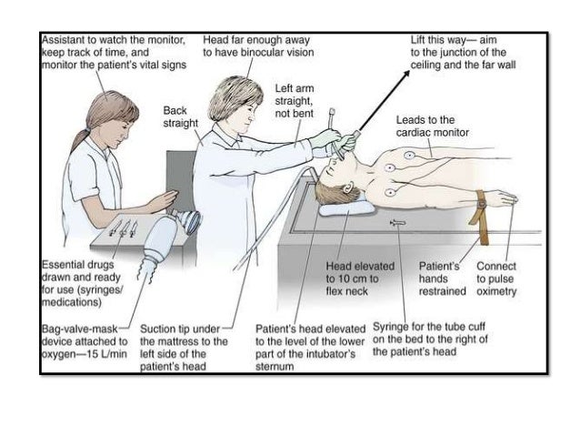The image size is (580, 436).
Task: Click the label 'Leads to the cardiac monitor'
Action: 432,127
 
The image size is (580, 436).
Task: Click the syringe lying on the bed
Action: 397,221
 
